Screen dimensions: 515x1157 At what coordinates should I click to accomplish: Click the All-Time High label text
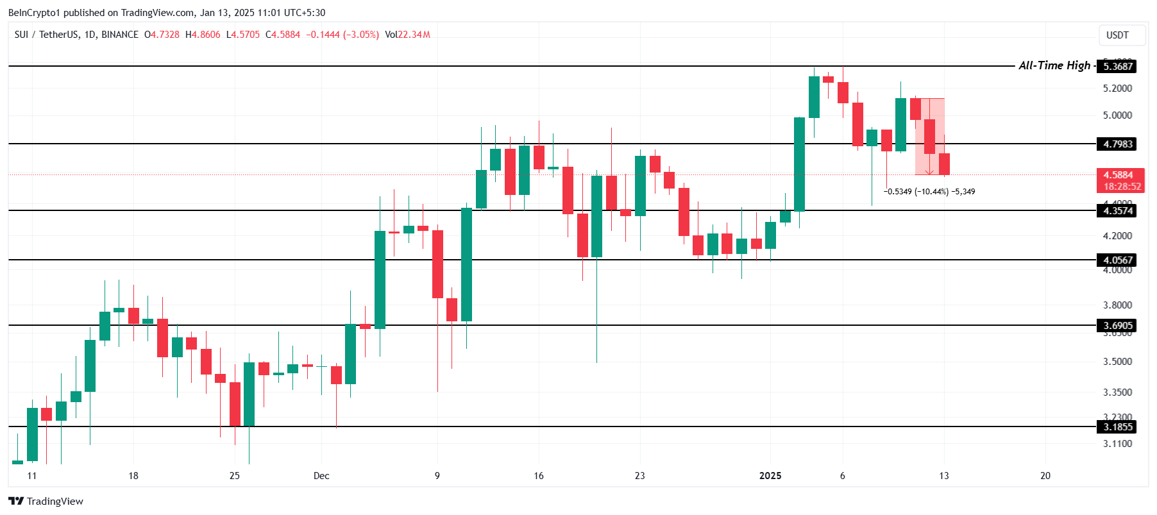pyautogui.click(x=1054, y=65)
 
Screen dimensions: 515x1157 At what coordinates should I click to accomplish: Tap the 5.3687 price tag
pyautogui.click(x=1117, y=66)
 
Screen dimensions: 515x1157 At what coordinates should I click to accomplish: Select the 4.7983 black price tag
pyautogui.click(x=1117, y=144)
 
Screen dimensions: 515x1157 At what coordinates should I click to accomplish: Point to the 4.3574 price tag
pyautogui.click(x=1117, y=211)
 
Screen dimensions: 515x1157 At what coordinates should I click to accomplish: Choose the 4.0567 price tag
pyautogui.click(x=1117, y=260)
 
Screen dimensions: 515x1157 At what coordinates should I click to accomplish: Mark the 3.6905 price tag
pyautogui.click(x=1117, y=326)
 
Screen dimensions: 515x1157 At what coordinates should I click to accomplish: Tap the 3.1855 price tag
pyautogui.click(x=1117, y=427)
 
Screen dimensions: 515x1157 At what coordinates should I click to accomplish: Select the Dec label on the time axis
pyautogui.click(x=321, y=476)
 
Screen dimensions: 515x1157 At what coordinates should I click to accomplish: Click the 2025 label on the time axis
pyautogui.click(x=770, y=476)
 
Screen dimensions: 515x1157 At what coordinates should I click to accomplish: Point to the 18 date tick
pyautogui.click(x=133, y=476)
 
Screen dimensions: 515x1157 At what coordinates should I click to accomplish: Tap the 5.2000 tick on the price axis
pyautogui.click(x=1117, y=89)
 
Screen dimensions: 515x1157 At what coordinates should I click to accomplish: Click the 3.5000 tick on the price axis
pyautogui.click(x=1117, y=362)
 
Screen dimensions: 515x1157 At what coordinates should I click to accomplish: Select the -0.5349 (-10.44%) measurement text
pyautogui.click(x=916, y=192)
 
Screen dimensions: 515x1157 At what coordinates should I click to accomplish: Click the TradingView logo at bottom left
pyautogui.click(x=46, y=502)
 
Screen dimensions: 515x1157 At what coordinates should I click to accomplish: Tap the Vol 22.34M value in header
pyautogui.click(x=408, y=35)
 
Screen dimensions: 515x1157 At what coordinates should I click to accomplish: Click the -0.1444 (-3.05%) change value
pyautogui.click(x=342, y=35)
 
